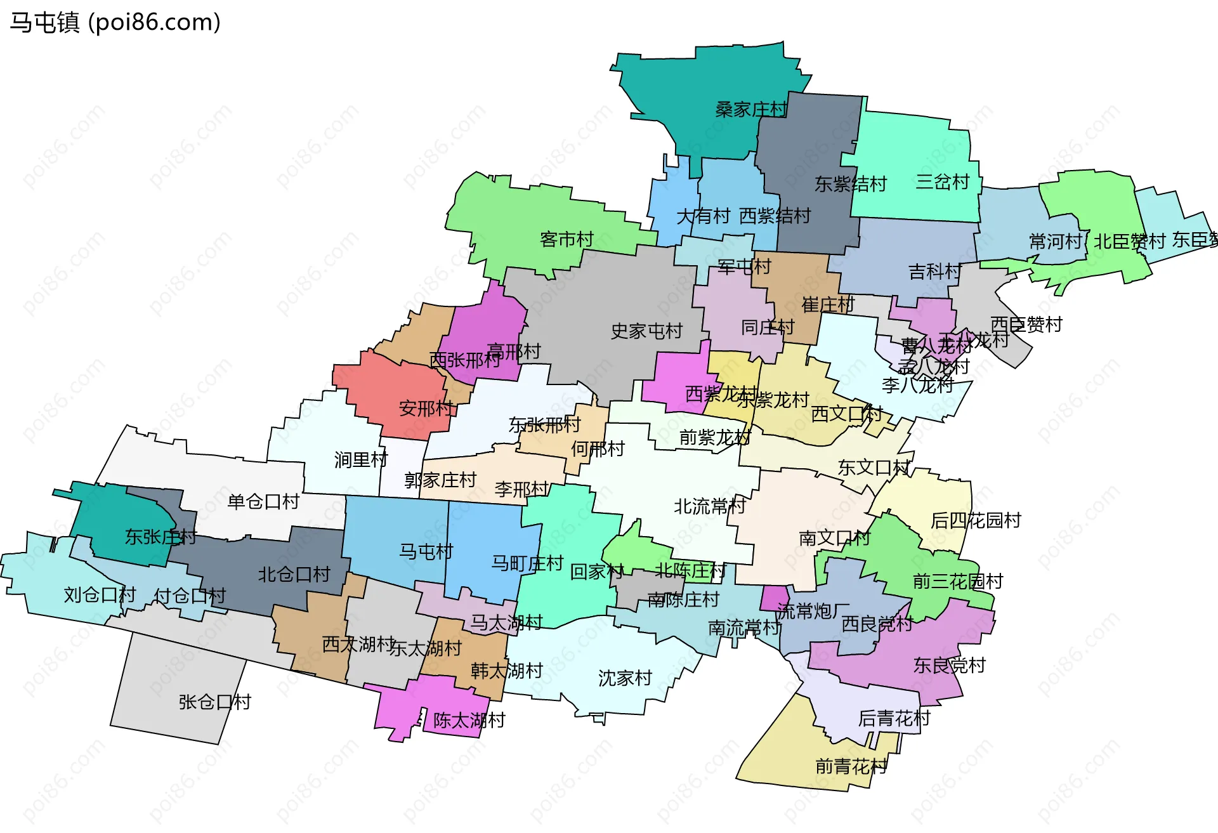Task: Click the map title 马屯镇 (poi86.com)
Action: tap(115, 22)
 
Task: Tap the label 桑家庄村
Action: tap(751, 110)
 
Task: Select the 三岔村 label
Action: tap(943, 182)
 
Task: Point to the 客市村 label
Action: tap(566, 239)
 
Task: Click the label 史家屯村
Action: tap(646, 331)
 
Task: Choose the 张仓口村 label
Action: tap(215, 702)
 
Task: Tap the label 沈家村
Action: tap(625, 678)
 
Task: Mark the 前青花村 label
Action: tap(851, 766)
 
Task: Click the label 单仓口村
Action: tap(263, 502)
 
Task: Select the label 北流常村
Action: tap(710, 506)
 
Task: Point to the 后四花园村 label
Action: tap(976, 520)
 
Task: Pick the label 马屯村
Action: tap(426, 551)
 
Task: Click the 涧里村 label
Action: tap(361, 459)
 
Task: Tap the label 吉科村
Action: tap(935, 272)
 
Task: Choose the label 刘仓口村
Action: tap(100, 595)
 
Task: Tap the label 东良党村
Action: tap(950, 665)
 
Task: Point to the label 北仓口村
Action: tap(294, 575)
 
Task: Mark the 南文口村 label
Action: tap(835, 538)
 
